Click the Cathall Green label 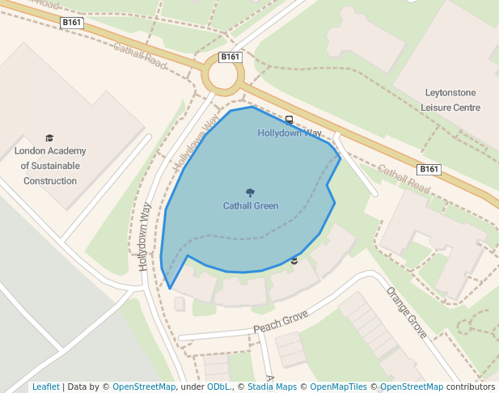click(x=251, y=206)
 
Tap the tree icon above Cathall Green click(x=251, y=193)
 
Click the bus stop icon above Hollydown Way click(x=289, y=120)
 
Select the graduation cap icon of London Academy click(x=49, y=138)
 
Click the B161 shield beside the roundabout click(x=230, y=57)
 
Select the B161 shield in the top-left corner click(x=71, y=23)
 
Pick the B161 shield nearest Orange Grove click(x=429, y=169)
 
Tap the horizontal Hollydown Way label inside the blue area click(x=290, y=133)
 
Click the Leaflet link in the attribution click(x=45, y=387)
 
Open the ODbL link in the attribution click(x=218, y=387)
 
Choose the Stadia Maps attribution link click(x=276, y=387)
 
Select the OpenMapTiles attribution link click(x=343, y=387)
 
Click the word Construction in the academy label click(x=50, y=181)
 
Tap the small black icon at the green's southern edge click(x=294, y=260)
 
